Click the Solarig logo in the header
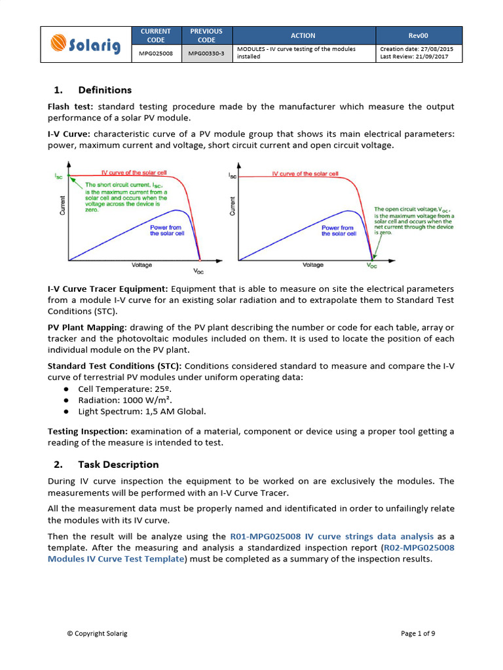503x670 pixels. coord(85,44)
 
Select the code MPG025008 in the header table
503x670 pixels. coord(156,53)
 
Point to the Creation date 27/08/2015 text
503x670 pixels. coord(416,49)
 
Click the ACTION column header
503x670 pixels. coord(303,35)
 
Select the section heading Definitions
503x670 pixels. coord(104,90)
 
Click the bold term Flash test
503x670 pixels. coord(70,107)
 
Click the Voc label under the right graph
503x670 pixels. coord(371,266)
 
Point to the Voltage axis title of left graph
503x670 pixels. coord(141,265)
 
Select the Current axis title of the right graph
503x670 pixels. coord(233,205)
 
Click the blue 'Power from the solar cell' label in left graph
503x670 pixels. coord(167,230)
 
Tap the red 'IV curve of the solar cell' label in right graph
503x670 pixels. coord(305,174)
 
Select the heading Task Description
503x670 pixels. coord(118,465)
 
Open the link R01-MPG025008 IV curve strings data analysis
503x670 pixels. coord(332,536)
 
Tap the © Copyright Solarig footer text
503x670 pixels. coord(97,633)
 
